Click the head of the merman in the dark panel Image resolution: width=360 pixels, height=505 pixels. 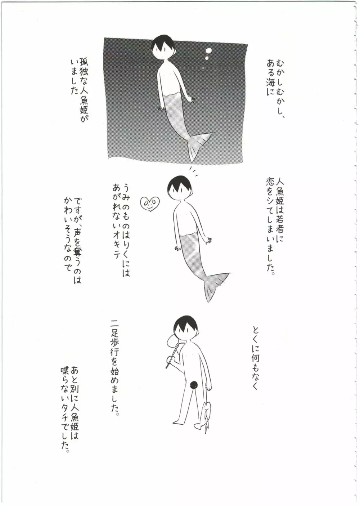pos(163,49)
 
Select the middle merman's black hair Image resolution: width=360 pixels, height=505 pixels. pos(180,183)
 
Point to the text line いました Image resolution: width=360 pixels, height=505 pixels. pos(75,77)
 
